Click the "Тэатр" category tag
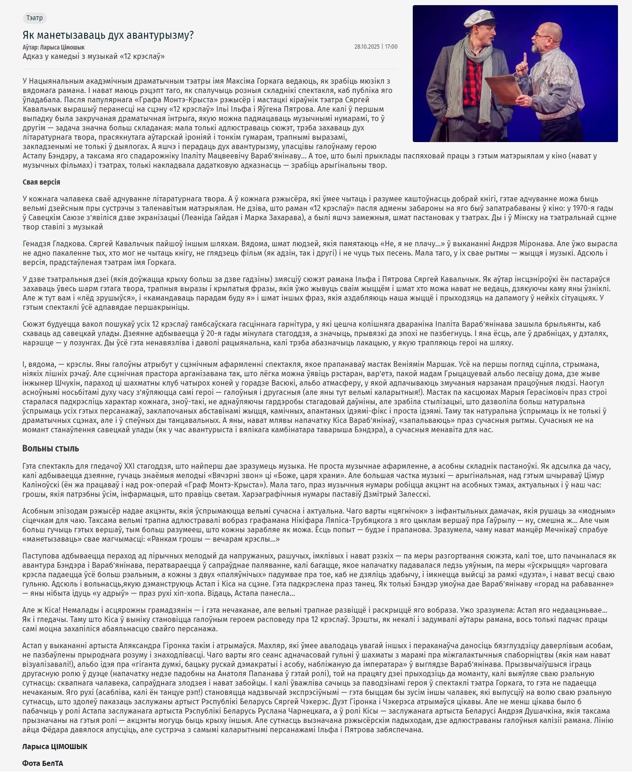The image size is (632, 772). (x=35, y=18)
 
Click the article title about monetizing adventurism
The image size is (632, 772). (x=108, y=35)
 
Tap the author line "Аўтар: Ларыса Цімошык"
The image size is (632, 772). (x=53, y=47)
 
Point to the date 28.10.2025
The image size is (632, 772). (x=366, y=47)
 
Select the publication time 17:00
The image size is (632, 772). (x=391, y=47)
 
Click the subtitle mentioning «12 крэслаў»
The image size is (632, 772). (x=93, y=57)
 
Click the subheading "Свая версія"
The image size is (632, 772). (x=41, y=182)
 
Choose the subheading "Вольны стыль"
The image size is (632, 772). (x=50, y=449)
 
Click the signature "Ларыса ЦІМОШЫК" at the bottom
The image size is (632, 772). (x=55, y=746)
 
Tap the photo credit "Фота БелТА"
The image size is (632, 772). (x=43, y=763)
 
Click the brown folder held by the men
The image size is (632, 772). (x=505, y=91)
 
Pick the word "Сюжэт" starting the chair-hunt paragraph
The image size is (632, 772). (x=33, y=324)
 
